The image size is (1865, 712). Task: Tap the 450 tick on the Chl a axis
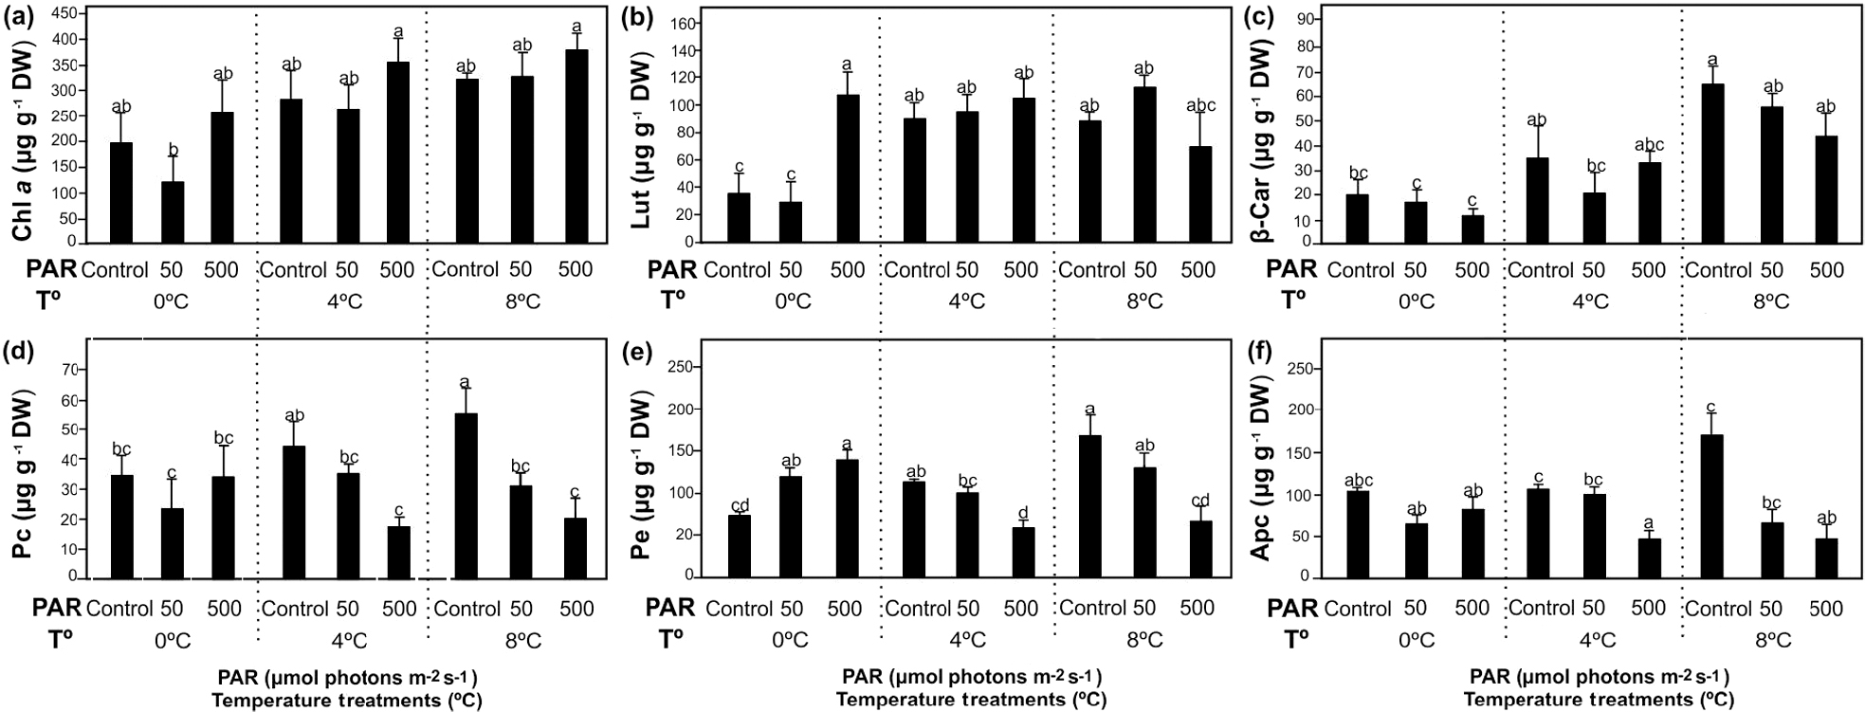point(65,13)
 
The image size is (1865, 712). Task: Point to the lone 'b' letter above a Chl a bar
point(172,150)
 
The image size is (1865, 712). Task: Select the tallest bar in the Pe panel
point(1090,505)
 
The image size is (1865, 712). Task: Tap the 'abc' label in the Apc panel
point(1358,481)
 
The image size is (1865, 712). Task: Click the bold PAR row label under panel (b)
point(672,270)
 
